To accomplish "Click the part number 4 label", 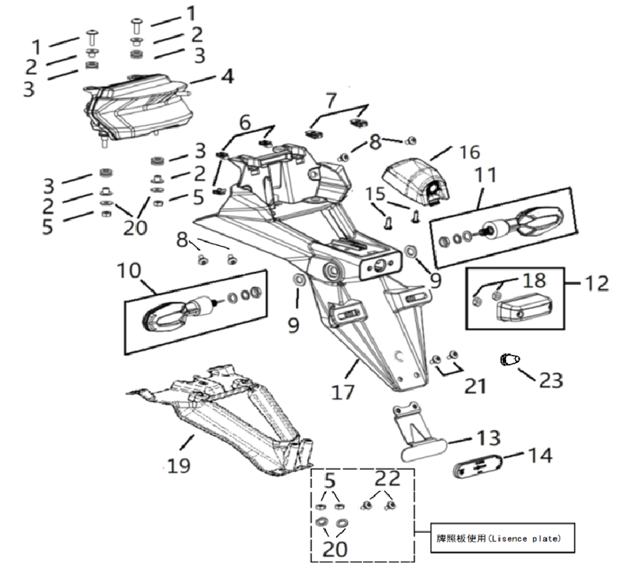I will pos(227,77).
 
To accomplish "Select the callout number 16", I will pos(469,152).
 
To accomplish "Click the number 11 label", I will pos(486,175).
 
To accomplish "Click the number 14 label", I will pos(540,455).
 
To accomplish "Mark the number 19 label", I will pos(179,466).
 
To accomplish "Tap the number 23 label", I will pos(550,380).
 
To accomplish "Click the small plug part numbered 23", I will pos(509,361).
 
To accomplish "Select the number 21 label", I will pos(474,387).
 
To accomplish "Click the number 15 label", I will pos(376,192).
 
